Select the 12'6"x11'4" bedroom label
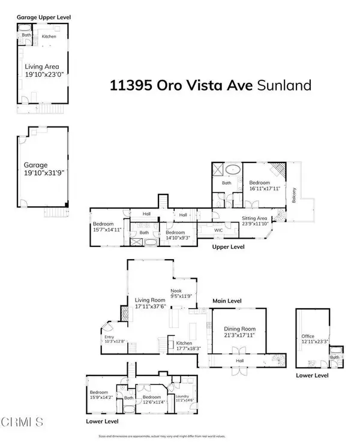(x=151, y=399)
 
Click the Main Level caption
(x=226, y=301)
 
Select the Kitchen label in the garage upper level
(x=49, y=37)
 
